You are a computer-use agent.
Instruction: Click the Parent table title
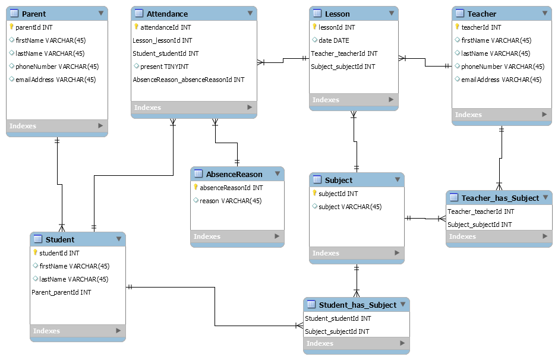[x=33, y=14]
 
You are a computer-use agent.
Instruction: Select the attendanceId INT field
[x=165, y=27]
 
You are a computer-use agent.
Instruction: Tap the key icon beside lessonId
[x=314, y=27]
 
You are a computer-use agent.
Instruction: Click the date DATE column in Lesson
[x=333, y=40]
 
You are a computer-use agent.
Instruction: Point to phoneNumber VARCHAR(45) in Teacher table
[x=502, y=67]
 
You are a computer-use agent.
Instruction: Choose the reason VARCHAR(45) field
[x=230, y=201]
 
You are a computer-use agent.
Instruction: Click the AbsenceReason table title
[x=234, y=174]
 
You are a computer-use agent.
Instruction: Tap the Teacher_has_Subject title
[x=500, y=198]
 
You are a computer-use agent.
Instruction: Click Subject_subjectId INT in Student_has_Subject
[x=337, y=331]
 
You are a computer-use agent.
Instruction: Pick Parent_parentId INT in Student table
[x=61, y=292]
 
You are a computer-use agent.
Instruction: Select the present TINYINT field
[x=164, y=67]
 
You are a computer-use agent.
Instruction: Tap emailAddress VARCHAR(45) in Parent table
[x=55, y=80]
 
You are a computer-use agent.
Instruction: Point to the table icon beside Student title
[x=37, y=239]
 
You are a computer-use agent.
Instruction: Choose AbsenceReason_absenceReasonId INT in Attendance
[x=188, y=80]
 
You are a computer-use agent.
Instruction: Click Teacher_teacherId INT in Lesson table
[x=344, y=53]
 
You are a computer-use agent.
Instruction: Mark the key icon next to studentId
[x=35, y=253]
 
